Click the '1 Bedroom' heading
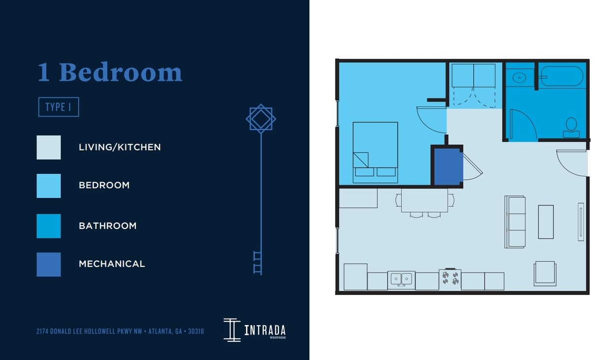[110, 73]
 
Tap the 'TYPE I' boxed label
[59, 107]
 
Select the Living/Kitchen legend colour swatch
[49, 147]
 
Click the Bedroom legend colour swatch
[49, 186]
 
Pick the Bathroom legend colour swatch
[49, 226]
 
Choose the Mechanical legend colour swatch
[49, 264]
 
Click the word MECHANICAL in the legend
[112, 264]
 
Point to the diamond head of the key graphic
[261, 118]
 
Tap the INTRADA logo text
[265, 330]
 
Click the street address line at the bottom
[120, 331]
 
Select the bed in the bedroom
[375, 152]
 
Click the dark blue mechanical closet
[447, 166]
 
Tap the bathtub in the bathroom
[562, 76]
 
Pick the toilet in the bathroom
[571, 128]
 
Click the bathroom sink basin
[519, 77]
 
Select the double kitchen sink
[401, 279]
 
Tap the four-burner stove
[450, 279]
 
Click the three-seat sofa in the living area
[515, 222]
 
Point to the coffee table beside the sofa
[545, 222]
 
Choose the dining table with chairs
[424, 200]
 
